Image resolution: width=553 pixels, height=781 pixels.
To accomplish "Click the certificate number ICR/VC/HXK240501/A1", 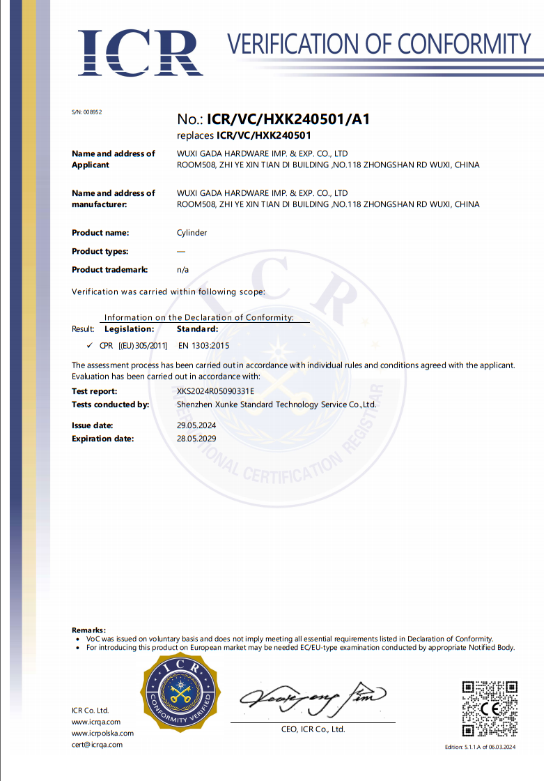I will coord(293,119).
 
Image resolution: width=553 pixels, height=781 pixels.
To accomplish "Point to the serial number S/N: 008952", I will coord(87,112).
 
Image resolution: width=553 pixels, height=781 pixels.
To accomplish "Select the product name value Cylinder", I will coord(192,233).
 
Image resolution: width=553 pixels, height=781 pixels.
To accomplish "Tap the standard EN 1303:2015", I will coord(204,345).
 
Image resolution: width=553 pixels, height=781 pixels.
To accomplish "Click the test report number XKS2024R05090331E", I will coord(216,391).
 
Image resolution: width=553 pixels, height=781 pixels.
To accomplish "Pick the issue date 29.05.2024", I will coord(198,425).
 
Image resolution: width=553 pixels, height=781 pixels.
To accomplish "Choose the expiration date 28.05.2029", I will coord(198,439).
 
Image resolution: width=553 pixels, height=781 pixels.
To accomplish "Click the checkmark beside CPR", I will coord(89,345).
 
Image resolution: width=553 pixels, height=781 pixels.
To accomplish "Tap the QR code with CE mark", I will coord(490,708).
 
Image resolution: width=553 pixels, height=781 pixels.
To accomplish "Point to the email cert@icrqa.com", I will coord(97,745).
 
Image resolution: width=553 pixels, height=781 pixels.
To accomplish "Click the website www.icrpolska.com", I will coord(102,734).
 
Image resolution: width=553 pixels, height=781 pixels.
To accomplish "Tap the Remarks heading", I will coord(89,630).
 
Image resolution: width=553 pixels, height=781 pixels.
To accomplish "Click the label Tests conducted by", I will coord(111,404).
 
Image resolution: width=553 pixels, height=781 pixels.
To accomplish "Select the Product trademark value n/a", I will coord(183,269).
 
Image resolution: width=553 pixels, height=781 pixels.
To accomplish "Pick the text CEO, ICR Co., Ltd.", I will coord(312,729).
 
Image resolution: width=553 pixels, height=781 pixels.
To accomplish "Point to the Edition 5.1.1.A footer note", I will coord(480,748).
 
